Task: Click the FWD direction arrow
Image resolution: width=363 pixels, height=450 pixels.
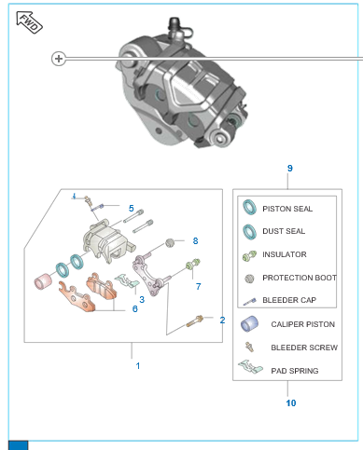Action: coord(29,22)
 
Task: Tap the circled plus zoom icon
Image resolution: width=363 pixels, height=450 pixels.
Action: coord(59,59)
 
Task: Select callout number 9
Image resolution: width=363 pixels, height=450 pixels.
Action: coord(290,169)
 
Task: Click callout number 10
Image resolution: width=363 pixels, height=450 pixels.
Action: coord(291,403)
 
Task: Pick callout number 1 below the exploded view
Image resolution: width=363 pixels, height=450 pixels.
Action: coord(138,366)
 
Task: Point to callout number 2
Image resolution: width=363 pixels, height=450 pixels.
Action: coord(222,320)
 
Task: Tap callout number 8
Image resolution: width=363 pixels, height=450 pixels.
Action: coord(195,240)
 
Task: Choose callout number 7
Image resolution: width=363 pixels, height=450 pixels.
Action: coord(199,286)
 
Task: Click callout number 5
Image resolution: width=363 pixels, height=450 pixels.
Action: coord(132,208)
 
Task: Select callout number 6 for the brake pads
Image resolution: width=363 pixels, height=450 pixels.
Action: coord(135,308)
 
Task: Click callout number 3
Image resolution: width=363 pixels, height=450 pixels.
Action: coord(142,299)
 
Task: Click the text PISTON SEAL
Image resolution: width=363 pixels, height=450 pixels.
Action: coord(287,209)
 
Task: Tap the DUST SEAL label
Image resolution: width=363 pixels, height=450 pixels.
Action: coord(284,231)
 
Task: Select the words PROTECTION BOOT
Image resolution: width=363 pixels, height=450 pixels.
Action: coord(300,278)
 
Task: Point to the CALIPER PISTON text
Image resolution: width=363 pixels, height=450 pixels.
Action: coord(303,324)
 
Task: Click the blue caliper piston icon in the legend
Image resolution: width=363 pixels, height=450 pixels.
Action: coord(249,324)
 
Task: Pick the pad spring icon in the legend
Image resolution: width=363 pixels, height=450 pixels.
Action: coord(250,367)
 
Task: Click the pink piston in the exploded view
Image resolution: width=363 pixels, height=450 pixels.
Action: coord(43,281)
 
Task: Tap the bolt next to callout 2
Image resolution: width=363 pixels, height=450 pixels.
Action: coord(195,320)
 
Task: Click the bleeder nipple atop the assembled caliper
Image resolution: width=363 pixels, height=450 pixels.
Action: coord(175,26)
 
